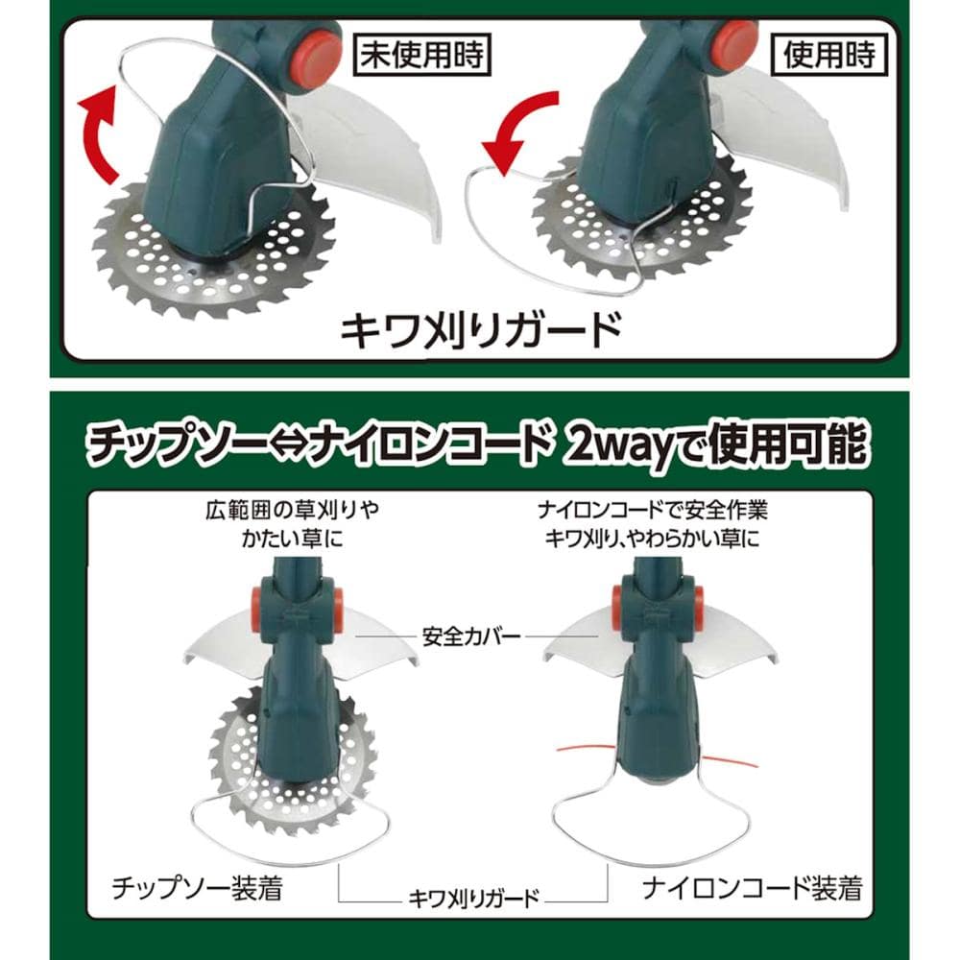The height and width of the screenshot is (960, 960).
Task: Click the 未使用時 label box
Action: coord(422,55)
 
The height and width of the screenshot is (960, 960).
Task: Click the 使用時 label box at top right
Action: coord(829,55)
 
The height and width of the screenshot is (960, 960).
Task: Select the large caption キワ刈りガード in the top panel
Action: coord(481,330)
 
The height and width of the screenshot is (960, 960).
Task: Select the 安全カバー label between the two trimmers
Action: coord(471,636)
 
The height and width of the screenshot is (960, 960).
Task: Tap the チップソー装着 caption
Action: coord(197,888)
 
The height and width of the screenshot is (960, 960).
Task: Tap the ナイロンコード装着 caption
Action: coord(753,888)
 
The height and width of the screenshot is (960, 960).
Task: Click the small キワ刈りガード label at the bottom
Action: coord(473,899)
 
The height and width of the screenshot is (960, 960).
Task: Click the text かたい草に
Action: coord(293,539)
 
